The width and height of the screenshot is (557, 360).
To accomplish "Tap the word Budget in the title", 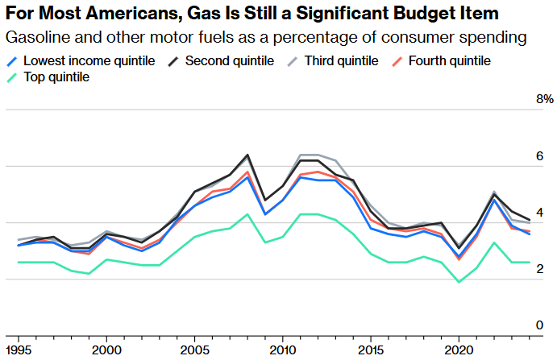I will [402, 14].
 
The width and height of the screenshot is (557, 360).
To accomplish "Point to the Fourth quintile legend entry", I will [448, 60].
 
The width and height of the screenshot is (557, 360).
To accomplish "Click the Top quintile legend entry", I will [56, 77].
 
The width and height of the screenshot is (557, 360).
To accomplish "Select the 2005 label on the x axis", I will [194, 350].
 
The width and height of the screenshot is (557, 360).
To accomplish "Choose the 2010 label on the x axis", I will [282, 350].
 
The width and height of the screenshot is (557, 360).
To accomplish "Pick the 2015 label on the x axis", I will [371, 350].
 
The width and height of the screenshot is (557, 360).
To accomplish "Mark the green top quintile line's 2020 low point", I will [459, 282].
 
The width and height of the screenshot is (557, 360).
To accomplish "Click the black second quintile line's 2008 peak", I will [247, 155].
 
